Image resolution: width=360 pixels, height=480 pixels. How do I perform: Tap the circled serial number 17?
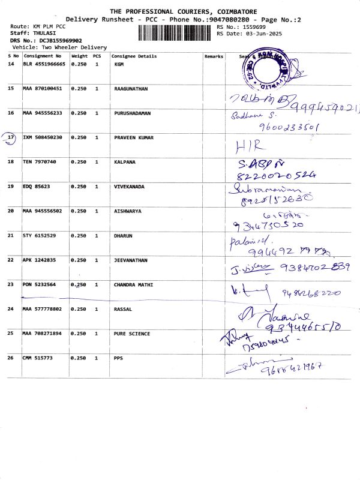[11, 138]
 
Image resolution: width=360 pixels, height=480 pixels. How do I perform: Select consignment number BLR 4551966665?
[44, 64]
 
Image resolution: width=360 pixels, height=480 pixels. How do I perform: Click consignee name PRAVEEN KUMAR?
[133, 138]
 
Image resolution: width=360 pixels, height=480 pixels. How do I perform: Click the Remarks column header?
[214, 56]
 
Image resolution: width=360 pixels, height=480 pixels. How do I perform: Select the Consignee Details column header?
[134, 56]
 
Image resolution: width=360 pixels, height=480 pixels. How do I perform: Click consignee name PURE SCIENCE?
[132, 333]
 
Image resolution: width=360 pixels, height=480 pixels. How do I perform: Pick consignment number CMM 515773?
[38, 358]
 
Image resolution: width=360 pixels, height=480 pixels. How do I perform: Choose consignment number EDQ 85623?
[37, 187]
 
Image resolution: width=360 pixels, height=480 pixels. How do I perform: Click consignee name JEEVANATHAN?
[131, 260]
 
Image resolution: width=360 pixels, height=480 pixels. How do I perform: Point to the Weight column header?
[80, 56]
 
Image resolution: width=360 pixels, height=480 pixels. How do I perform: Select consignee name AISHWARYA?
[128, 211]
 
